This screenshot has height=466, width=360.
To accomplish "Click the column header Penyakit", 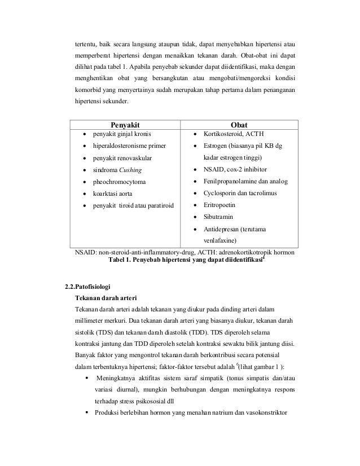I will (x=124, y=124).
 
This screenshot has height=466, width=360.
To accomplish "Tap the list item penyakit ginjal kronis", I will (x=121, y=134).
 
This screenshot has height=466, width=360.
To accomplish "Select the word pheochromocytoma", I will (x=119, y=182).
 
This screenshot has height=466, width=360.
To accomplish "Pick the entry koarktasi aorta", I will (x=114, y=194).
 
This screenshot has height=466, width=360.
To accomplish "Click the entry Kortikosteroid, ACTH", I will (x=231, y=134).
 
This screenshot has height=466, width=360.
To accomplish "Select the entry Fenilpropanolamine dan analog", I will (x=245, y=182).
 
